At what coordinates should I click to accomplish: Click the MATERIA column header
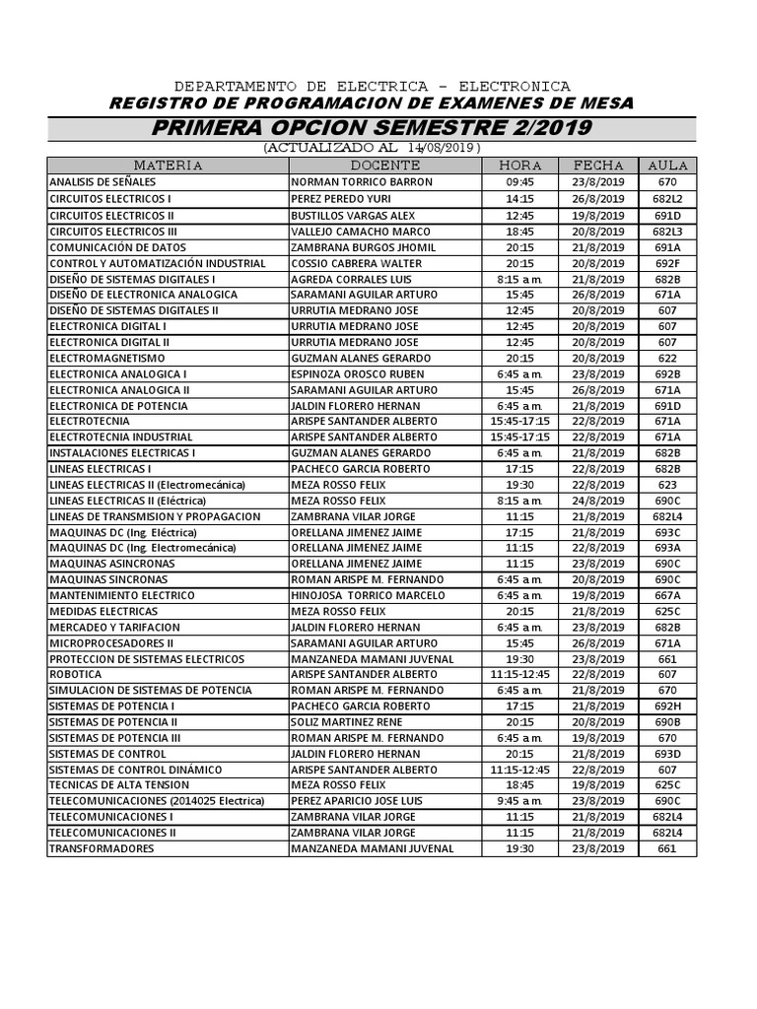[168, 166]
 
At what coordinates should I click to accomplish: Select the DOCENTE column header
[384, 166]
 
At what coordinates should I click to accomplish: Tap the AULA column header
[667, 166]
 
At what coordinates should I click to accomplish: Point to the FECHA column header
[598, 166]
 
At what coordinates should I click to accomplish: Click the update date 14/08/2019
[442, 148]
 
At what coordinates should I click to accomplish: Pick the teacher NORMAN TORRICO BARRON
[348, 183]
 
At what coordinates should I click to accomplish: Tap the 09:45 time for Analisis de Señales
[519, 183]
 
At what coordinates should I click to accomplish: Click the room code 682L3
[667, 231]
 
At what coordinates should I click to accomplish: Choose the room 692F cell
[667, 263]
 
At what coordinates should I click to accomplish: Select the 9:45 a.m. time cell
[519, 801]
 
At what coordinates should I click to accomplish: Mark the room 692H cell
[667, 706]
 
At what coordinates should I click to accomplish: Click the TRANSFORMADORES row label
[102, 848]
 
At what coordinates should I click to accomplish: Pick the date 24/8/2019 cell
[598, 501]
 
